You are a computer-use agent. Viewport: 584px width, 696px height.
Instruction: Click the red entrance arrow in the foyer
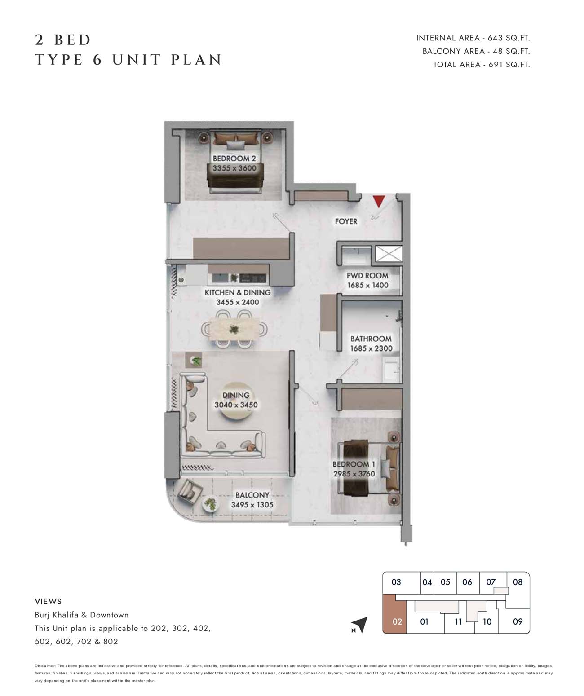coord(379,201)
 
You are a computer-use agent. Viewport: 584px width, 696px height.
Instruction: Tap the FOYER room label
coord(346,221)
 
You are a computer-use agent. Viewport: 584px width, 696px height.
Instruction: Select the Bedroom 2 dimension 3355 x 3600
coord(234,168)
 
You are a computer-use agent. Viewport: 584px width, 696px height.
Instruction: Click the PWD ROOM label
coord(367,276)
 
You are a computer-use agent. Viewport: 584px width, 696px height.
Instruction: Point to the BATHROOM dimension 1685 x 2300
coord(371,348)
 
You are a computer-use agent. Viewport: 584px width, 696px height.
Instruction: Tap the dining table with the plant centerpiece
coord(234,329)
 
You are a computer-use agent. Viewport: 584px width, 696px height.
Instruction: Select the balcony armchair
coord(190,492)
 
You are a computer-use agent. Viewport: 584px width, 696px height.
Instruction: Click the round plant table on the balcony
coord(210,504)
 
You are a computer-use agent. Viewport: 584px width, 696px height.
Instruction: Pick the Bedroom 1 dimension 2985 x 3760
coord(354,474)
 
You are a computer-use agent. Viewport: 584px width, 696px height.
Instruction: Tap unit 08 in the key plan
coord(518,582)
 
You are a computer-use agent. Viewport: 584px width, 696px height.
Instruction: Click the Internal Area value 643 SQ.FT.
coord(509,38)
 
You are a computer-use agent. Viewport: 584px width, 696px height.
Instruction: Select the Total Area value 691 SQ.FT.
coord(509,65)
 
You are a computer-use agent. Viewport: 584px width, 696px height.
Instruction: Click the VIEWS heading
coord(49,602)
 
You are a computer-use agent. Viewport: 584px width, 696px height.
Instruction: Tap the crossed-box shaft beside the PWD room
coord(389,254)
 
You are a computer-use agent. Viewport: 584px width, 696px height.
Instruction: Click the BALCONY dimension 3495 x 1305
coord(252,505)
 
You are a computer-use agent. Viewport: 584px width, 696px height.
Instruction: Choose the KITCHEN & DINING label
coord(238,292)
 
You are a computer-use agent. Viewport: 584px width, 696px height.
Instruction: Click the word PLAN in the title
coord(196,60)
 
